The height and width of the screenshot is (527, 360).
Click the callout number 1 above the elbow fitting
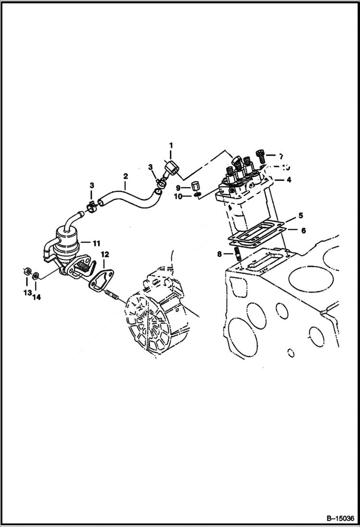coord(170,145)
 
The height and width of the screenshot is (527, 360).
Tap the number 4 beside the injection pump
coord(289,181)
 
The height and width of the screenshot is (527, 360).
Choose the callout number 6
coord(303,231)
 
